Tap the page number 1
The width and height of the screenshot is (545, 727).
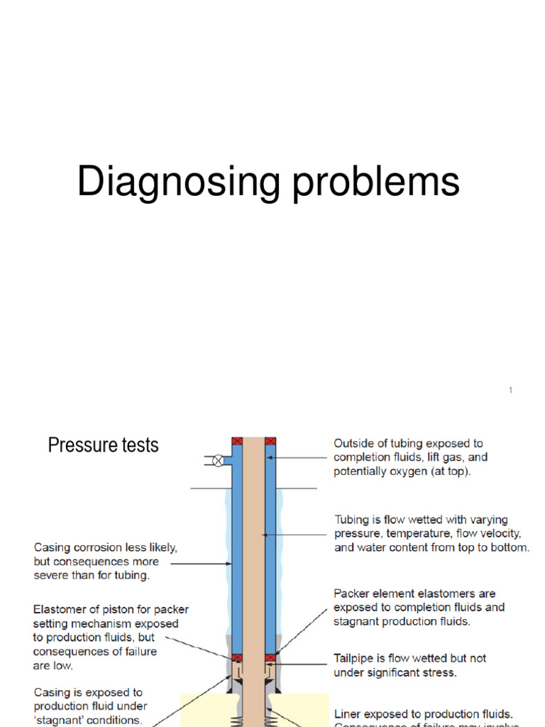510,390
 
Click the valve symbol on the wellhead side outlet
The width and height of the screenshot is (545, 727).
219,461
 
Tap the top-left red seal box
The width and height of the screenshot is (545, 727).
237,442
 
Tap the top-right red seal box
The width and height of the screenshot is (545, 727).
270,442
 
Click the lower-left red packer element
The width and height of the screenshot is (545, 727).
237,658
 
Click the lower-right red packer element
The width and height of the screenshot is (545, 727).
270,658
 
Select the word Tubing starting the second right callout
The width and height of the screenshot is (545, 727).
351,520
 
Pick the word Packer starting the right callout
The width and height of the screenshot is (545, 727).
351,594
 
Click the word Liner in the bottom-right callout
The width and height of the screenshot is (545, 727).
348,714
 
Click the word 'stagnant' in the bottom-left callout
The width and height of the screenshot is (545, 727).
59,720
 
